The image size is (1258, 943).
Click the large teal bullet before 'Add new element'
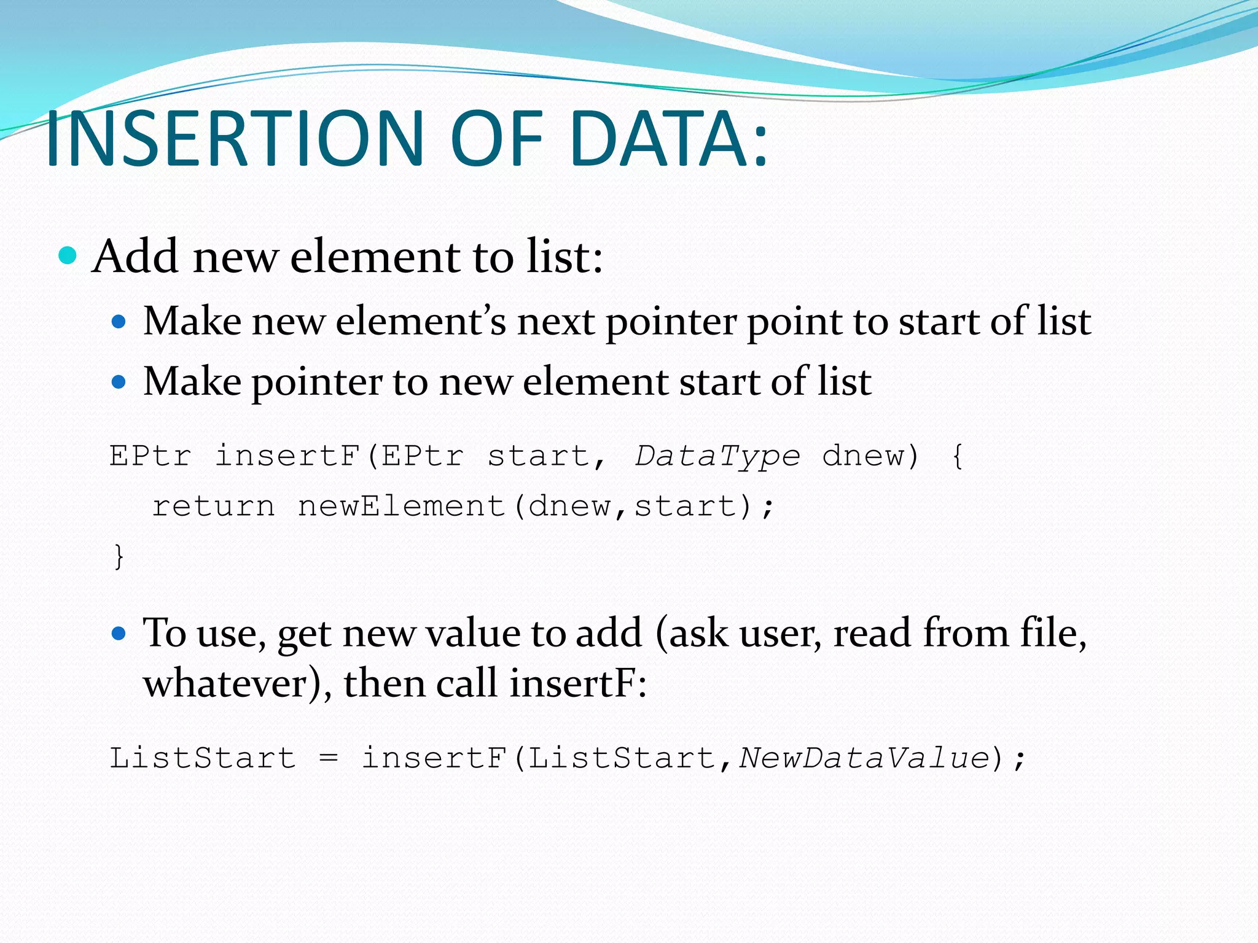[x=68, y=255]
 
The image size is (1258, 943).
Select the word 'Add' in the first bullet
[x=136, y=257]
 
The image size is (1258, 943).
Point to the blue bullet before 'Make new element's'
[x=119, y=322]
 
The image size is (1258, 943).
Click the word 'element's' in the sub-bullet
[x=421, y=322]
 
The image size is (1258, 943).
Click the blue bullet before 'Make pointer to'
[x=119, y=382]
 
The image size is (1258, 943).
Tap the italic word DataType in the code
[x=717, y=456]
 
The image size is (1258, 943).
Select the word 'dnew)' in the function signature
[x=870, y=456]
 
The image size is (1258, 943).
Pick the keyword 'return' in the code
[x=214, y=506]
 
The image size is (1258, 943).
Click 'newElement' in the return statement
[x=401, y=506]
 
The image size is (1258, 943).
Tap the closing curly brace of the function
[x=119, y=557]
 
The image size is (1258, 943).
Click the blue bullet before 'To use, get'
[x=119, y=633]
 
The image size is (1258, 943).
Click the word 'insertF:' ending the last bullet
[x=577, y=683]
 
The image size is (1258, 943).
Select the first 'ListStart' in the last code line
[x=203, y=758]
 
